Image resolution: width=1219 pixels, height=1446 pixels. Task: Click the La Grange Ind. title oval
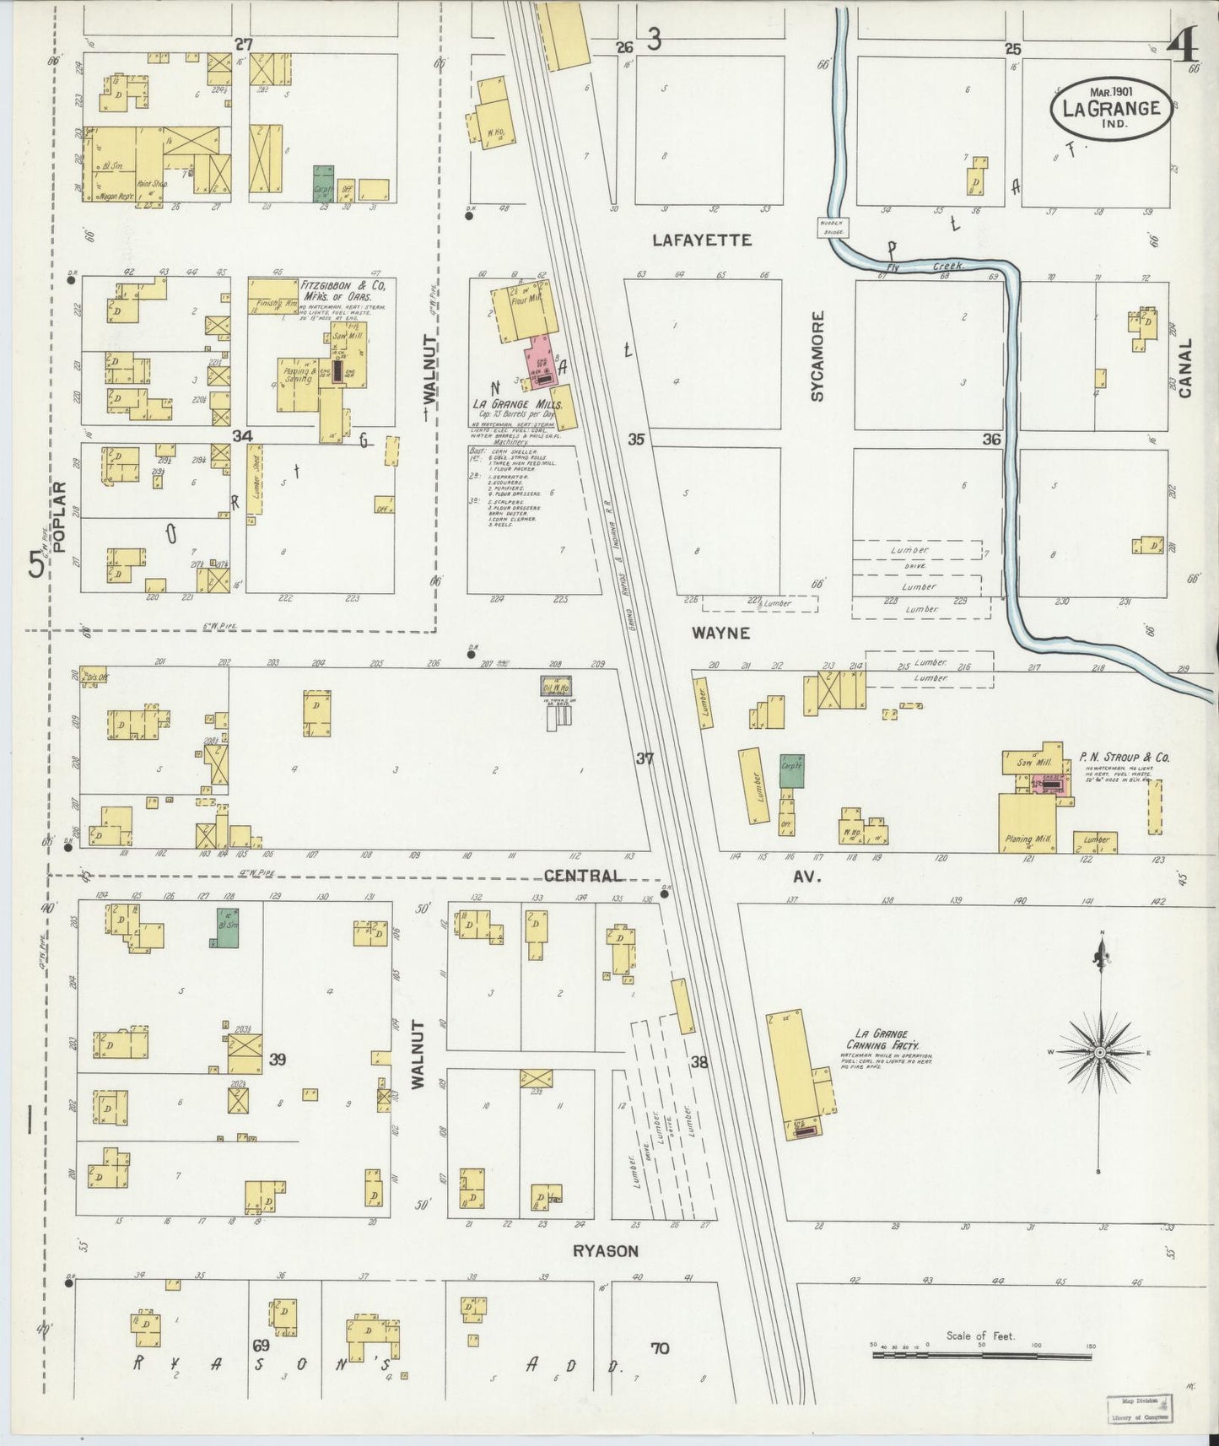(x=1110, y=108)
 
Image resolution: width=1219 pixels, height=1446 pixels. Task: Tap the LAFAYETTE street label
(x=701, y=240)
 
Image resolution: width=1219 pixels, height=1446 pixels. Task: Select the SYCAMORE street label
(x=817, y=355)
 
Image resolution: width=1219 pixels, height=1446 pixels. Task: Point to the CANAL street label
(x=1185, y=368)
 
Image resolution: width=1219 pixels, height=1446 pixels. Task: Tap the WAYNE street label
(x=720, y=633)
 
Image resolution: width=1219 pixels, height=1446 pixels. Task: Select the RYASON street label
(x=605, y=1251)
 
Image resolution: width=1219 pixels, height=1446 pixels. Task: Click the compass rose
(x=1099, y=1054)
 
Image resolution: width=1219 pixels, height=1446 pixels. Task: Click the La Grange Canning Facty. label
(x=882, y=1039)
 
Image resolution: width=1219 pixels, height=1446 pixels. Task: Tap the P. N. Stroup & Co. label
(x=1124, y=758)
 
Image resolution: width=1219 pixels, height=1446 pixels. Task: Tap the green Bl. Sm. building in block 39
(x=224, y=928)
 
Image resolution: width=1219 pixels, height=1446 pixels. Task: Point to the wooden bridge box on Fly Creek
(x=831, y=226)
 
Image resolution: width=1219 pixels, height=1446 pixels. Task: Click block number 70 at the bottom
(x=660, y=1348)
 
